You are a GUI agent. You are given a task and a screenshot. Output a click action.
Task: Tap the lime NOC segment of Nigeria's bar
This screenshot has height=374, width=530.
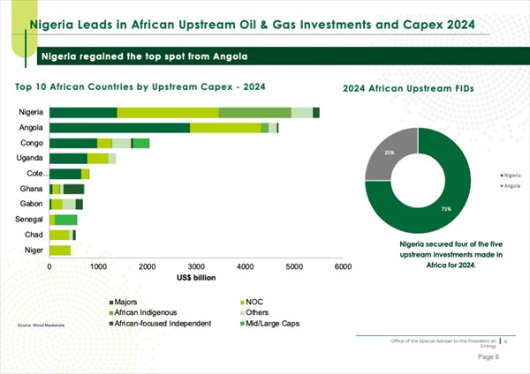coord(168,112)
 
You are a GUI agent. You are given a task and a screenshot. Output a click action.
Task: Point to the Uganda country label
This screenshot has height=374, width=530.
coord(30,158)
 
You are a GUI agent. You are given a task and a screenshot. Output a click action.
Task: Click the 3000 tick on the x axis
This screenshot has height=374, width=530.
coord(196,266)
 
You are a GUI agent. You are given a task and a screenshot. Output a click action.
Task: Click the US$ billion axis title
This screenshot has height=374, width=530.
coord(196,276)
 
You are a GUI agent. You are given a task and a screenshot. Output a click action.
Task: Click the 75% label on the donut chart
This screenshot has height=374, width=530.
coord(421,209)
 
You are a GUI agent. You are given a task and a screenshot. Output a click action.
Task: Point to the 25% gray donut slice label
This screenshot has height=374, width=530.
coord(390,153)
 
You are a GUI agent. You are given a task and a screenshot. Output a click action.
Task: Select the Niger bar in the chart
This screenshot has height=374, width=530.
coord(60,251)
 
